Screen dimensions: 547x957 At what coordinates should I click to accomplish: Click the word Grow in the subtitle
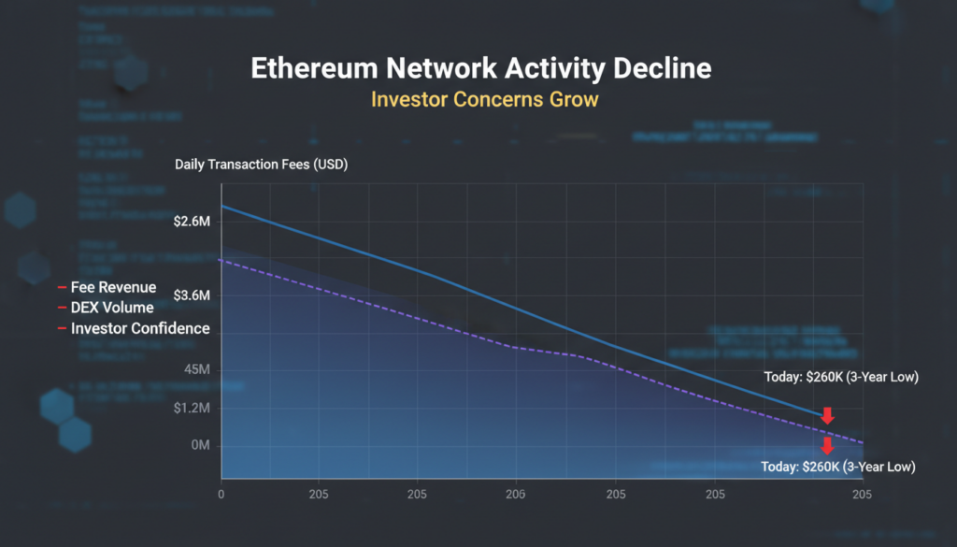point(573,99)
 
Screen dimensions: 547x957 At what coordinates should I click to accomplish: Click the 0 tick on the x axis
point(221,495)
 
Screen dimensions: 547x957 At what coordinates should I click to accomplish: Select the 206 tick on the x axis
point(515,495)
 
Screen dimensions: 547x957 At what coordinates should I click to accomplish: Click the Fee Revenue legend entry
point(113,287)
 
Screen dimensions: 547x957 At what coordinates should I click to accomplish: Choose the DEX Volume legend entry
point(112,308)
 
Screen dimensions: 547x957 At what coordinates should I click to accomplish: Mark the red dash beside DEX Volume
point(62,309)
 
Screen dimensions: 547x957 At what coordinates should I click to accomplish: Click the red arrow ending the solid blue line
point(827,415)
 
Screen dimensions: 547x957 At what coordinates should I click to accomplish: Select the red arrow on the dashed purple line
point(827,445)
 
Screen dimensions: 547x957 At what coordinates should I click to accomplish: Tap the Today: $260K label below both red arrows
point(837,467)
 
